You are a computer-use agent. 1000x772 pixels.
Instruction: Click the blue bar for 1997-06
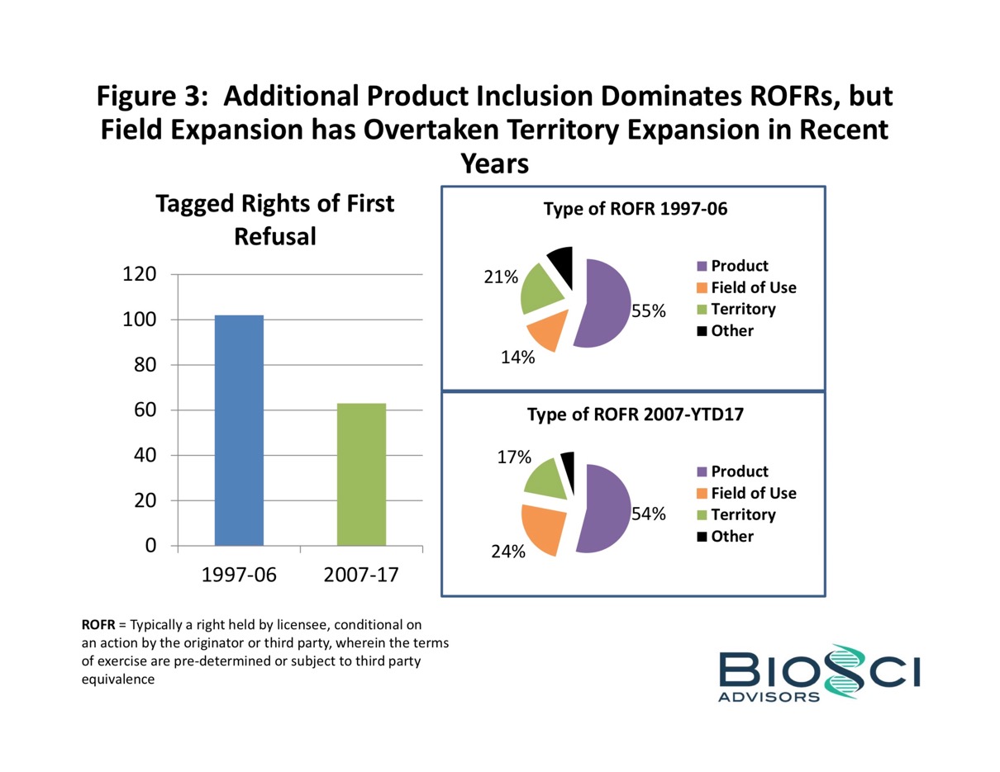[x=239, y=429]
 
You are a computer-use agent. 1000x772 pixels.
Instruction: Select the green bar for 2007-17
[x=361, y=474]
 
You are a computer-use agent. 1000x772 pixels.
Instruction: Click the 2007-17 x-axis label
[x=361, y=575]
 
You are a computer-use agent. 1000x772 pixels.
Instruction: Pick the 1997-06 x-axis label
[x=239, y=575]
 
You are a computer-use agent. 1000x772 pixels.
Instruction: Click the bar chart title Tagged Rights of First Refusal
[x=275, y=220]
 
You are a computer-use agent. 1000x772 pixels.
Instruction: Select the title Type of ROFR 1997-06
[x=635, y=210]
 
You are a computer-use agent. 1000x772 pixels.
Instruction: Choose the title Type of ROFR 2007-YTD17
[x=635, y=415]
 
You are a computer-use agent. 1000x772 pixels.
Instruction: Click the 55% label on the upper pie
[x=649, y=311]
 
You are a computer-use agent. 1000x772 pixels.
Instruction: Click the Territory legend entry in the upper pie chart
[x=743, y=309]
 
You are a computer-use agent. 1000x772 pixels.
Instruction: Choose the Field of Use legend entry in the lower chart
[x=753, y=493]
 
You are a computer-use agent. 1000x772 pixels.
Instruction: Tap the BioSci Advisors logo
[x=818, y=673]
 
